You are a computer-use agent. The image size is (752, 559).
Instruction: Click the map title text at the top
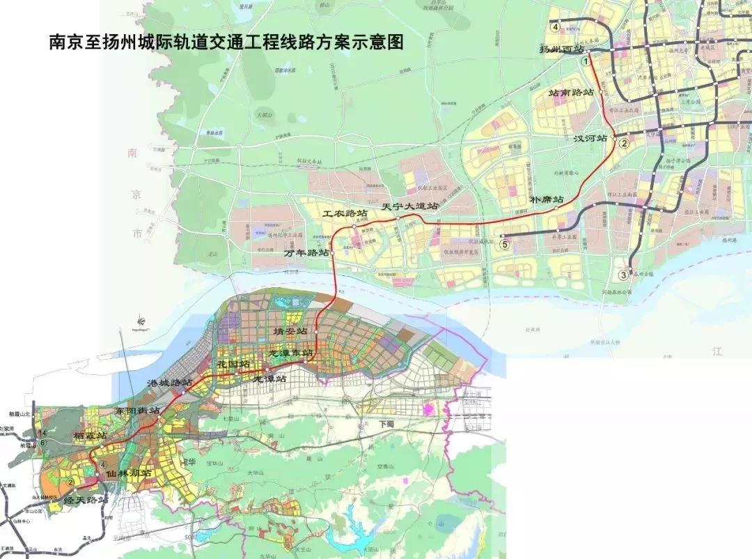(x=226, y=42)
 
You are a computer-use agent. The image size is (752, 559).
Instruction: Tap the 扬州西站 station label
(x=562, y=49)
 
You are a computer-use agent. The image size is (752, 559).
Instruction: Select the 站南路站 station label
(x=571, y=92)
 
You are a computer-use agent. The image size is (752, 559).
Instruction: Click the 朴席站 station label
(x=549, y=199)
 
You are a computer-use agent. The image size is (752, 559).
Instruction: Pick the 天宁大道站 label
(x=411, y=207)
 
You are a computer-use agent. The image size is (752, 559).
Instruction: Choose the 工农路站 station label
(x=343, y=213)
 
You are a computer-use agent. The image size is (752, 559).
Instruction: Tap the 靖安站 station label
(x=290, y=331)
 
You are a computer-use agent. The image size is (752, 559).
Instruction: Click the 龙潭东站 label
(x=291, y=353)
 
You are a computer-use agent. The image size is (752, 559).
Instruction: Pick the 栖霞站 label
(x=91, y=436)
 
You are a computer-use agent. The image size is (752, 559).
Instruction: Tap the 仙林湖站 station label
(x=129, y=473)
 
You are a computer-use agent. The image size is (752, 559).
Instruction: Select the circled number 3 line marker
(x=624, y=275)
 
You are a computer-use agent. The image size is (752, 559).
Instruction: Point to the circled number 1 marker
(x=586, y=61)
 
